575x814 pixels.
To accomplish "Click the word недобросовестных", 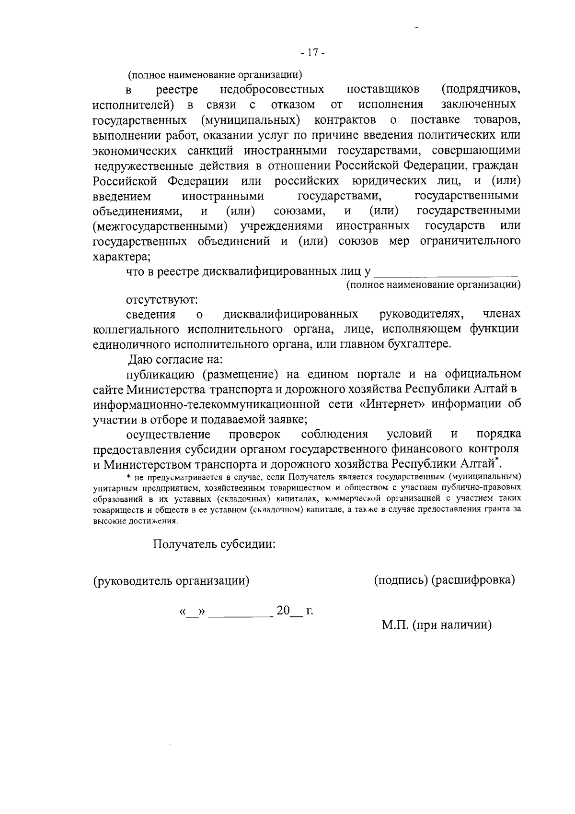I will pos(272,90).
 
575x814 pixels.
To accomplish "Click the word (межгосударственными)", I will pos(160,226).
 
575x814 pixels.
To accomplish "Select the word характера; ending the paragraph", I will pos(121,257).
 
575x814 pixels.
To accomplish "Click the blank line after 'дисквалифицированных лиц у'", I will pos(446,273).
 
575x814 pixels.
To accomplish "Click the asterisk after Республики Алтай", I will pos(497,460).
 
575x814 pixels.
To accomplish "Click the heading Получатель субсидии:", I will pos(214,545).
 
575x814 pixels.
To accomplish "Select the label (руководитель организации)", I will pos(171,581).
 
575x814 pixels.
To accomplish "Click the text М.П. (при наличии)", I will pos(437,625).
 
